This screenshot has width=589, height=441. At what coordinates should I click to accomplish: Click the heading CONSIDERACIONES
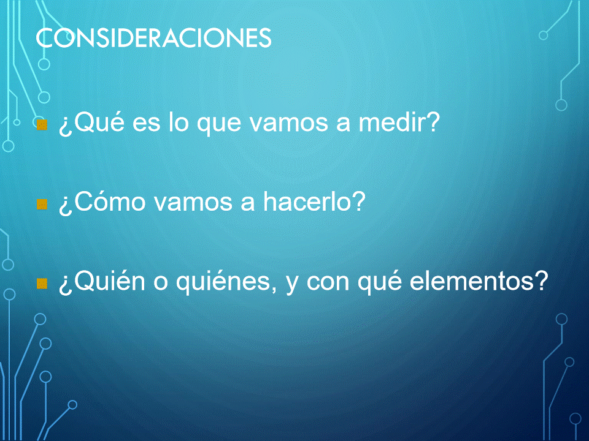[x=153, y=37]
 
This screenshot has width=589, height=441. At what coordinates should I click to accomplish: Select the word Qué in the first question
[x=98, y=123]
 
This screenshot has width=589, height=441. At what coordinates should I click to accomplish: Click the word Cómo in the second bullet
[x=110, y=202]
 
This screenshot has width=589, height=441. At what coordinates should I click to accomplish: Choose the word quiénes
[x=223, y=281]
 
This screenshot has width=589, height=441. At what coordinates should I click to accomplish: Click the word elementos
[x=472, y=281]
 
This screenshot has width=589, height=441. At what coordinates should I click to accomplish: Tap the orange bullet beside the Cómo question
[x=42, y=205]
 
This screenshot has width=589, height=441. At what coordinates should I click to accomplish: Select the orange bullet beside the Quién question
[x=42, y=284]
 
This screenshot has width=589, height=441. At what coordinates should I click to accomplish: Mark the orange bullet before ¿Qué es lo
[x=42, y=125]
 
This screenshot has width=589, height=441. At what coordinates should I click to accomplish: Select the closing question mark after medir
[x=433, y=122]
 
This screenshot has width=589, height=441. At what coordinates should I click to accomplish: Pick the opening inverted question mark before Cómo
[x=66, y=205]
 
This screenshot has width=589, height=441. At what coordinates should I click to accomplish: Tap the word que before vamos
[x=219, y=125]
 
